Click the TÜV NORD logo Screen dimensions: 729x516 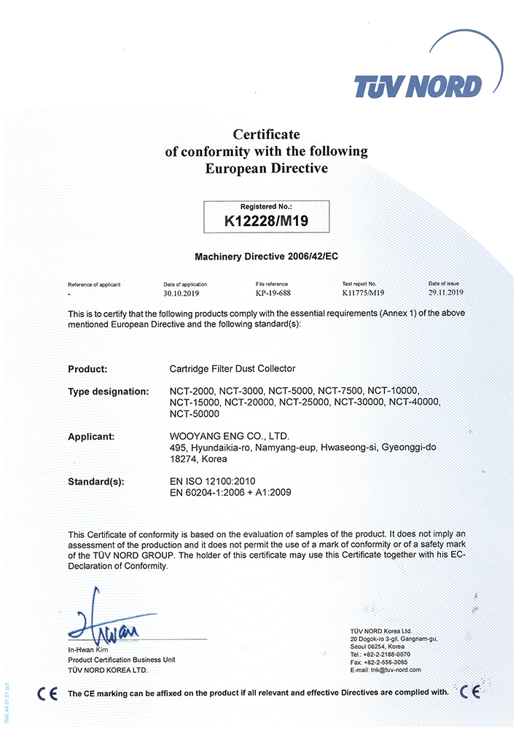point(418,87)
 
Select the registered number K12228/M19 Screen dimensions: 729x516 point(266,219)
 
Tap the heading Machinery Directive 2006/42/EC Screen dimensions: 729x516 point(266,257)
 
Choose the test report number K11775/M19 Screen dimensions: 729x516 point(363,293)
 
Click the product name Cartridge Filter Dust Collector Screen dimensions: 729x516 point(232,369)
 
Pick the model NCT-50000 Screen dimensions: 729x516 point(194,414)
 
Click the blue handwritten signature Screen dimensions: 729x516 point(109,625)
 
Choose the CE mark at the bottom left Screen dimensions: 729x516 point(47,693)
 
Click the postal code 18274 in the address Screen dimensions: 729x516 point(182,459)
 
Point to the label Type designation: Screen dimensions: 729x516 point(109,391)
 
